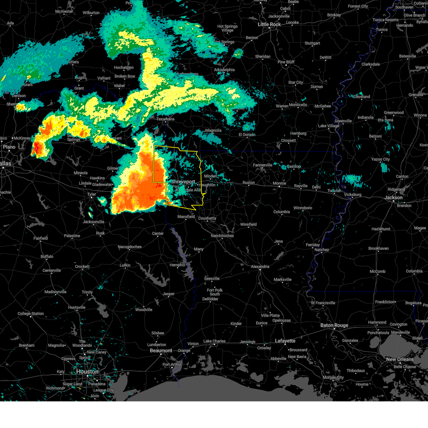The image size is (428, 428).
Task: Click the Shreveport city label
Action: click(x=183, y=182)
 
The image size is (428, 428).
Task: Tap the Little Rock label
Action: click(x=269, y=24)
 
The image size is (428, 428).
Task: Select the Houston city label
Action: click(x=87, y=372)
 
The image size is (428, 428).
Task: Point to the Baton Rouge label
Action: click(x=334, y=325)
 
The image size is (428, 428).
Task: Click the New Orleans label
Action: click(x=400, y=359)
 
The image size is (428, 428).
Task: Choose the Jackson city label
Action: click(x=393, y=198)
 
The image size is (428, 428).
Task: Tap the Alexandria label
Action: click(x=260, y=266)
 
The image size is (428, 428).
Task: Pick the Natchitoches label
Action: click(x=222, y=236)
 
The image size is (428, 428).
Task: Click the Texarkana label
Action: click(x=165, y=119)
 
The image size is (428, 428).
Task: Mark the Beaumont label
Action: click(x=161, y=351)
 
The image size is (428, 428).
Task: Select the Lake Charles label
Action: click(x=214, y=341)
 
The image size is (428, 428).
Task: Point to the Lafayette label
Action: click(x=285, y=341)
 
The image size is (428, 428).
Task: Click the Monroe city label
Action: click(x=279, y=183)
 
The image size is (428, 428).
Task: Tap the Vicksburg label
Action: click(x=352, y=195)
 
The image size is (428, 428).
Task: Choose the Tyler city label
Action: click(x=92, y=194)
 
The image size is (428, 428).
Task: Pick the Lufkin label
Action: click(x=125, y=265)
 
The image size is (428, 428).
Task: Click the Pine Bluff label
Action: click(x=286, y=62)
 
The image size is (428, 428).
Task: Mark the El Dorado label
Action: click(x=247, y=134)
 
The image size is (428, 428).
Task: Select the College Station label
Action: click(x=31, y=314)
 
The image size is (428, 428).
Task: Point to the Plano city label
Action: click(x=9, y=147)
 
